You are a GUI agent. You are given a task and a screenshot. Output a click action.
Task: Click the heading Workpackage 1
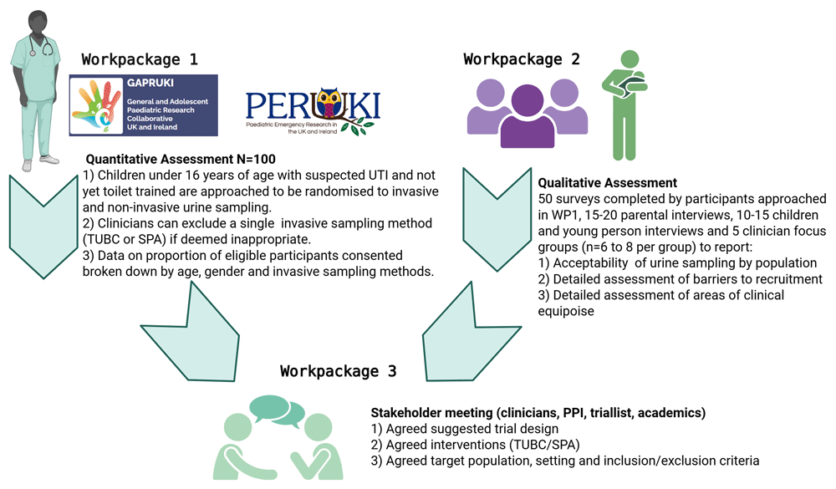[x=141, y=59]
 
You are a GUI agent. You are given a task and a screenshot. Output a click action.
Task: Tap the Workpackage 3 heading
[x=338, y=371]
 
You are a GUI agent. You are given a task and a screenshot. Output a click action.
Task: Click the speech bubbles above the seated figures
[x=276, y=410]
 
